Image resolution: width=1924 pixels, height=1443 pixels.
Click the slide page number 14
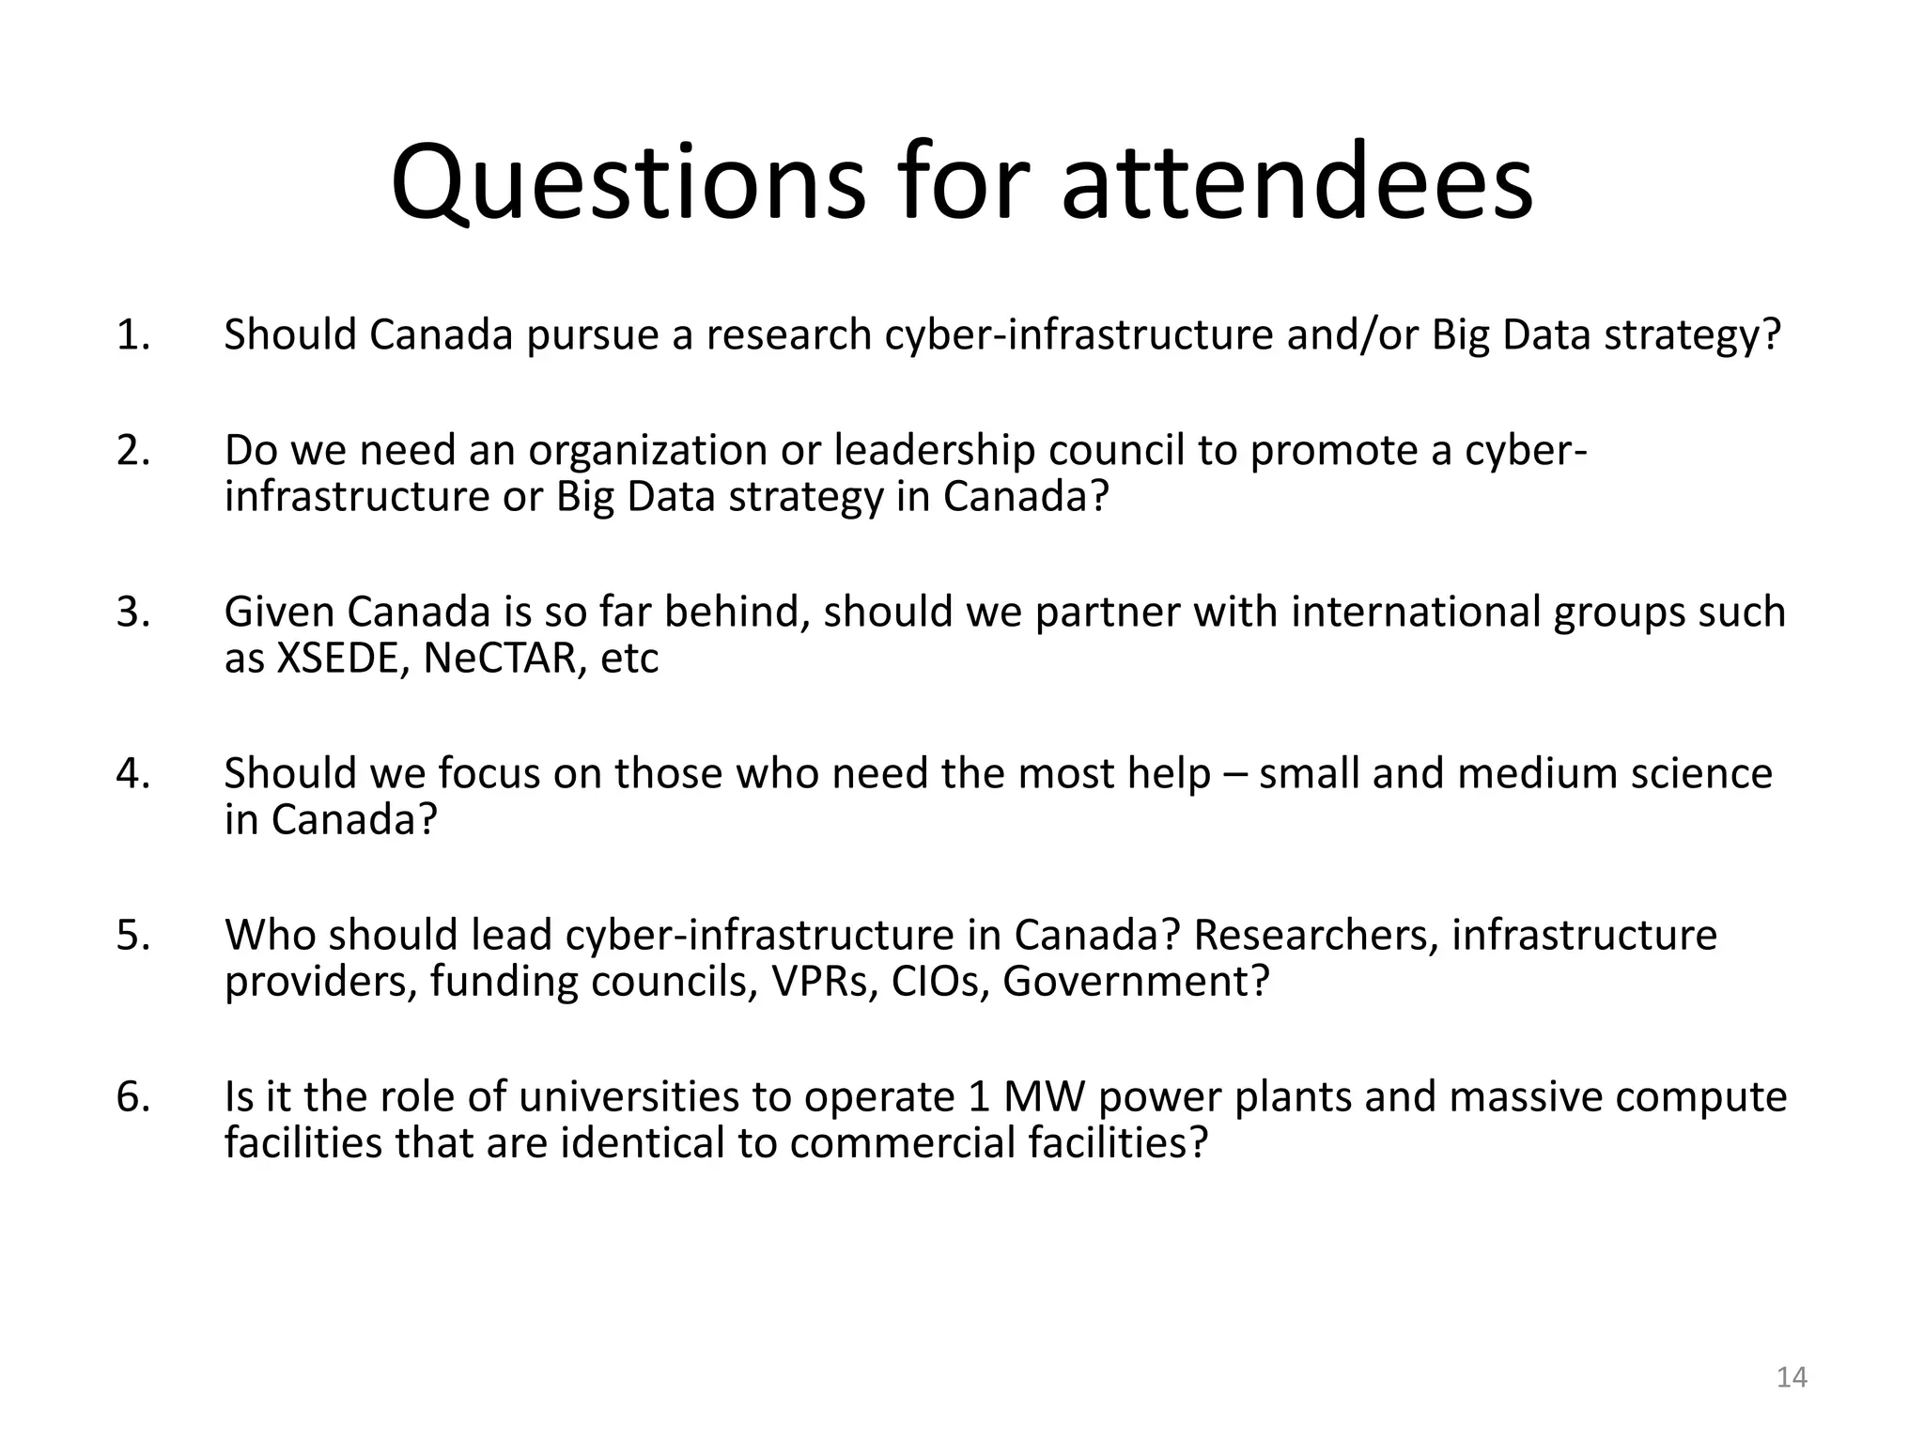pyautogui.click(x=1792, y=1377)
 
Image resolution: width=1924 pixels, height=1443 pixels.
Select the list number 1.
pyautogui.click(x=132, y=335)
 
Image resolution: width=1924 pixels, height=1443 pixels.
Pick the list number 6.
pyautogui.click(x=132, y=1097)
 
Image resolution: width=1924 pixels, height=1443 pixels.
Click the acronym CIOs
pyautogui.click(x=939, y=982)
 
